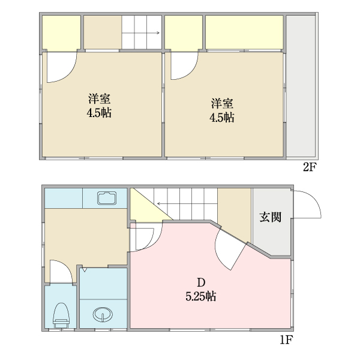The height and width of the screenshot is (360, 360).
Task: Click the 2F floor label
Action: pos(309,167)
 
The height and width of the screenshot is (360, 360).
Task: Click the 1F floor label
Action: pos(286,341)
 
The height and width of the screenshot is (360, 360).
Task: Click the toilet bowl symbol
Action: pos(61,314)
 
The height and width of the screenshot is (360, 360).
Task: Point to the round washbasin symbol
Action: pos(103,314)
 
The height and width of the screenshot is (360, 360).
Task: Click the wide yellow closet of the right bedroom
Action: pos(244,33)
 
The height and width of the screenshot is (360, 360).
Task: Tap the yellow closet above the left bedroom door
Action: pos(61,33)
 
